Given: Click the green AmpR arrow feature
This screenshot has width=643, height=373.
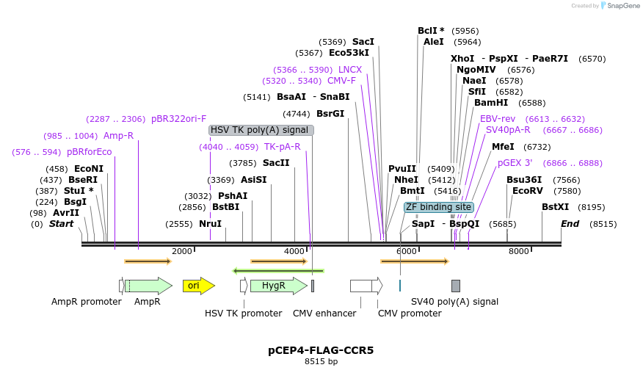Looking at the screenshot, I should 148,286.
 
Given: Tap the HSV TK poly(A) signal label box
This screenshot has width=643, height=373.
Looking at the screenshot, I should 261,130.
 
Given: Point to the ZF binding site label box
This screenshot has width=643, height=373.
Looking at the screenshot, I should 438,207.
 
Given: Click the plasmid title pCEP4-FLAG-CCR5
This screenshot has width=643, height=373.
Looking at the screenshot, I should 321,350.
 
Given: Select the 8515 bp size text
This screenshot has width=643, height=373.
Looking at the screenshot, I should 321,361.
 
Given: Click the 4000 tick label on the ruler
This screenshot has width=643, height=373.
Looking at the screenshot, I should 294,251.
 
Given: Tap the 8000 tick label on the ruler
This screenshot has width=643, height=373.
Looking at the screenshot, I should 519,251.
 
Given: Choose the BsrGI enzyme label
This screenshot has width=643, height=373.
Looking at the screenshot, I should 330,114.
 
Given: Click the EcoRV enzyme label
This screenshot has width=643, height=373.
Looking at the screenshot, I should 527,191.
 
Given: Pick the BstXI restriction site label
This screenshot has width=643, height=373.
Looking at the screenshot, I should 555,207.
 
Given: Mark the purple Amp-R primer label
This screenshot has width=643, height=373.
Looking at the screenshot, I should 118,136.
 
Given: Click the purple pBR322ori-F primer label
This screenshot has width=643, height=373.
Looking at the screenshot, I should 178,119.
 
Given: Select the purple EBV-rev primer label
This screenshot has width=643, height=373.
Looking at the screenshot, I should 498,119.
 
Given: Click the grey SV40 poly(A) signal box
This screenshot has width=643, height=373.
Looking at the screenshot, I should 456,286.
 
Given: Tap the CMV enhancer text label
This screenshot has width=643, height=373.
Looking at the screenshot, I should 324,314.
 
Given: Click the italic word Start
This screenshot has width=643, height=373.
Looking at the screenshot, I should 61,224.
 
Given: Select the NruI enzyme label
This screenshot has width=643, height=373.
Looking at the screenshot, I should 210,224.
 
